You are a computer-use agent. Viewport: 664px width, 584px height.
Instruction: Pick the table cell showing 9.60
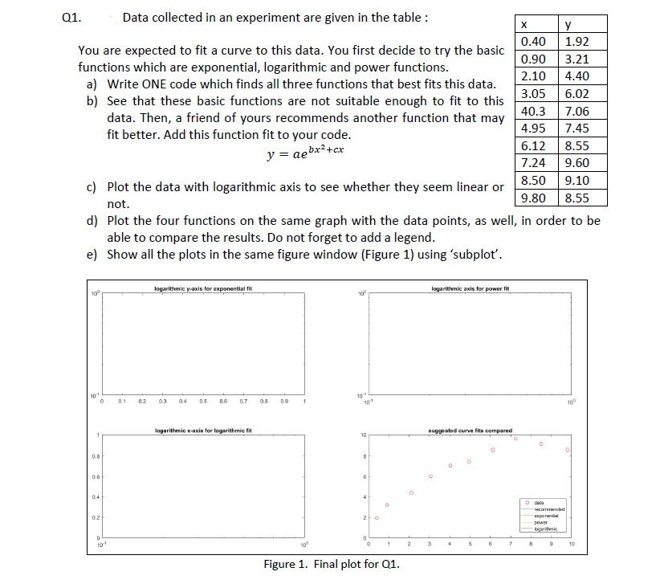pos(577,163)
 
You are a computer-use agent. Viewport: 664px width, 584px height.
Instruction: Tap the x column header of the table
pos(533,24)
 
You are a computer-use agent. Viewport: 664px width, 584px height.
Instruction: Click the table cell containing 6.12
pos(533,145)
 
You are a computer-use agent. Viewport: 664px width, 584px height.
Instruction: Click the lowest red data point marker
pos(377,517)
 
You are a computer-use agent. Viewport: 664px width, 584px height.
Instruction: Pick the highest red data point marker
pos(515,439)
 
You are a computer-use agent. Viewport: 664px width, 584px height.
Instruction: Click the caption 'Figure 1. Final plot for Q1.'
pos(332,564)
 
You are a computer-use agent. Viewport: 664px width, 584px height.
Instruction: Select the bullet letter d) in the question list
pos(92,220)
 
